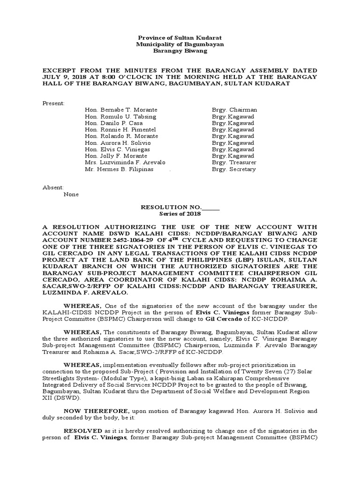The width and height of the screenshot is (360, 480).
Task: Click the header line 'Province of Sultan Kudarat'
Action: coord(179,37)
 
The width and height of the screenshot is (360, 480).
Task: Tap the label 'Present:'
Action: coord(53,103)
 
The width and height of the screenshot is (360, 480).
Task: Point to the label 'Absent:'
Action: coord(53,187)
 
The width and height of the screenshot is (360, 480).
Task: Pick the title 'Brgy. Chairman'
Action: coord(234,110)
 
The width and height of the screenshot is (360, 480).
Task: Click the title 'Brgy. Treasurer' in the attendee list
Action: coord(234,162)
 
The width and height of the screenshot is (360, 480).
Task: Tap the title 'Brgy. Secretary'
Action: coord(234,169)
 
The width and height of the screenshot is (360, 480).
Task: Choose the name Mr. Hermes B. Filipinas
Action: coord(119,169)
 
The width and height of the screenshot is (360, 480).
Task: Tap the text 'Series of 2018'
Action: coord(180,213)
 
